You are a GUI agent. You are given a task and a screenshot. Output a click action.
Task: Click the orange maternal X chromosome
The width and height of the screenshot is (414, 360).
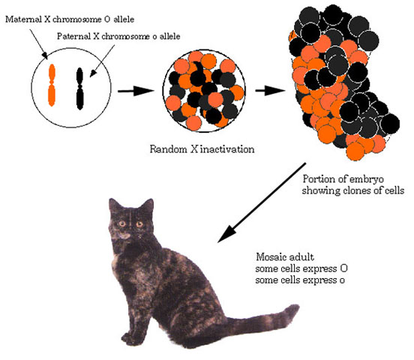point(52,85)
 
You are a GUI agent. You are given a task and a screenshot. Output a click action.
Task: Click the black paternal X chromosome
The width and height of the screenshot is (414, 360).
point(79,88)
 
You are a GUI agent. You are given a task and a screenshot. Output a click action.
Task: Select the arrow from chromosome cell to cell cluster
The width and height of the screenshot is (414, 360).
point(136,91)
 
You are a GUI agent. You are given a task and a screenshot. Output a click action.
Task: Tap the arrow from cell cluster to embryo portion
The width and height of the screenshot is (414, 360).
point(270,91)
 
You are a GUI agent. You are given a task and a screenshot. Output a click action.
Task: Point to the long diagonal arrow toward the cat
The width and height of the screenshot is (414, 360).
point(262,202)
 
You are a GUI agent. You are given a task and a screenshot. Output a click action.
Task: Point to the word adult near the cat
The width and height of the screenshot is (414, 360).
point(301,257)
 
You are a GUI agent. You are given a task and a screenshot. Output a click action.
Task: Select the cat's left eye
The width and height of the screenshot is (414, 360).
point(122,224)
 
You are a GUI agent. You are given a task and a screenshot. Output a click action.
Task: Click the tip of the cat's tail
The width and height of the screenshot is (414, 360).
point(296,308)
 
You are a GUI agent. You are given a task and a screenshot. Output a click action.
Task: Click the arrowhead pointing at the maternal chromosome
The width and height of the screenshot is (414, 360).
point(46,55)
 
